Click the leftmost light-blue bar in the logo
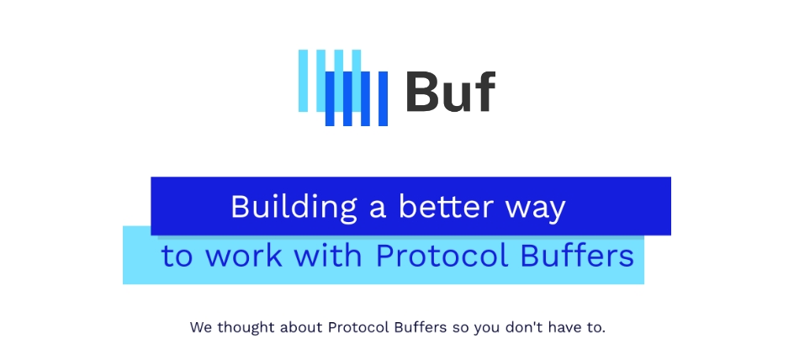304,80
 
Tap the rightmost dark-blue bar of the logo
383,99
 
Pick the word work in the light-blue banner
242,256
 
